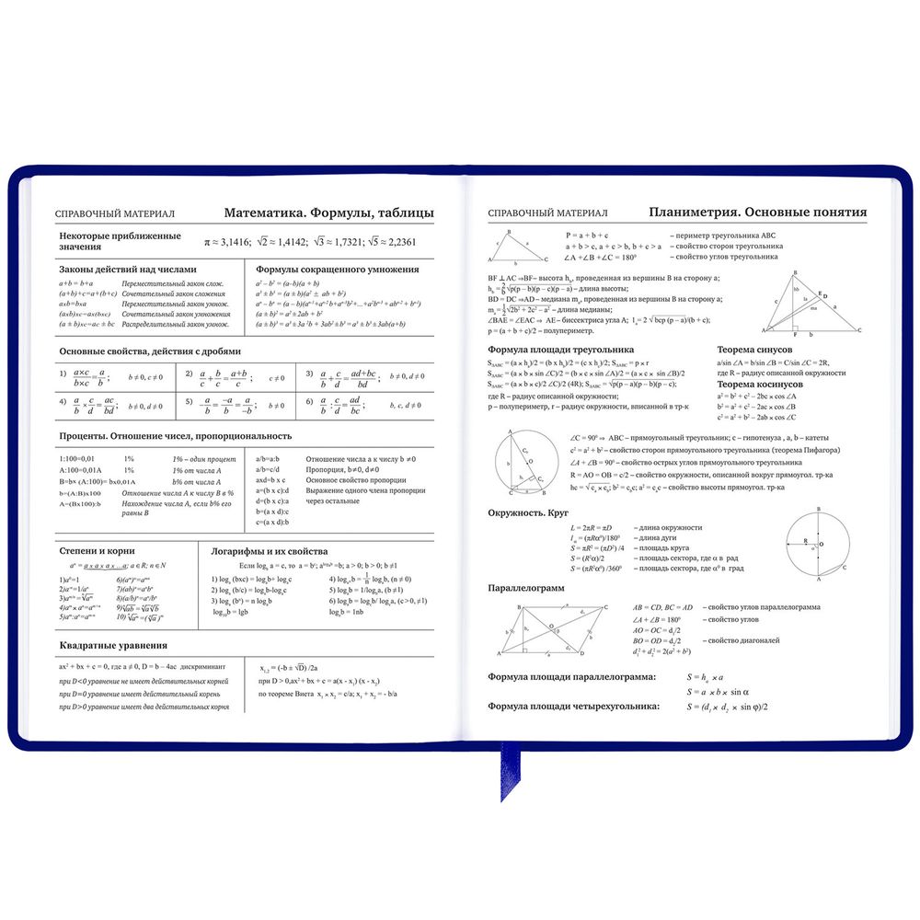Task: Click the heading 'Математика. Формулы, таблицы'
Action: (x=328, y=213)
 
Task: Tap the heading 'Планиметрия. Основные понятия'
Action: (x=757, y=211)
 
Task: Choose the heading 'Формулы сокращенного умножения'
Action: (x=337, y=270)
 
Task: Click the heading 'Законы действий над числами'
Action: (x=128, y=270)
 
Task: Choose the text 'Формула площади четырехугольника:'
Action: (x=573, y=707)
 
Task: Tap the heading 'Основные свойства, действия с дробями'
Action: (x=150, y=351)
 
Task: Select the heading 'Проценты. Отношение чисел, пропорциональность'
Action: (x=175, y=435)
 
